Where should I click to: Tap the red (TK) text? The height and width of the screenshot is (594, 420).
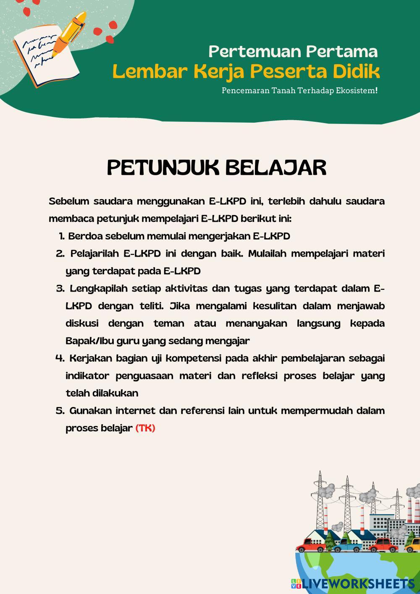(x=145, y=428)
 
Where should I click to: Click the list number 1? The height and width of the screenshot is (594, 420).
(x=61, y=236)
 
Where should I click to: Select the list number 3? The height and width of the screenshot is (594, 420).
(x=60, y=289)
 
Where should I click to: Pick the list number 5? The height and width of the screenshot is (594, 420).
(x=60, y=410)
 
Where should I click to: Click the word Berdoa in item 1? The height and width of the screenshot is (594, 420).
(x=85, y=236)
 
